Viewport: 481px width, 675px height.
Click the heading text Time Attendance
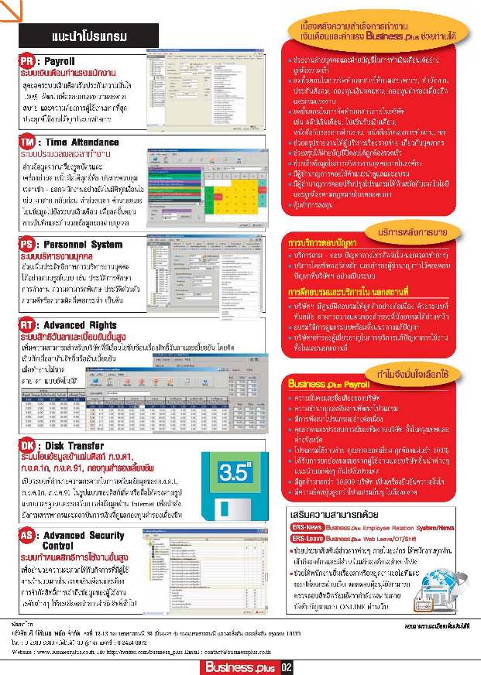click(86, 143)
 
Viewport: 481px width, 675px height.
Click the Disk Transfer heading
click(77, 446)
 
